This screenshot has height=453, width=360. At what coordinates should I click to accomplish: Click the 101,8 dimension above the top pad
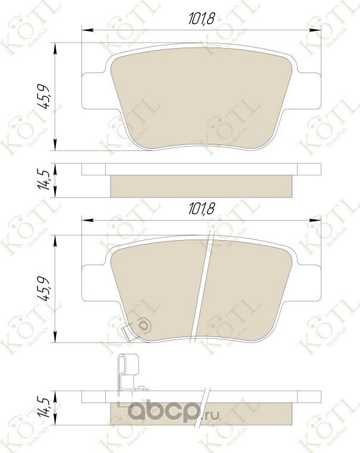click(201, 19)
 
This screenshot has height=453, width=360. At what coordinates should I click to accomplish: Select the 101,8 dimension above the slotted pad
click(201, 209)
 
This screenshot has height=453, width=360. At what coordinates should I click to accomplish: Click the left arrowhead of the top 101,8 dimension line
click(84, 28)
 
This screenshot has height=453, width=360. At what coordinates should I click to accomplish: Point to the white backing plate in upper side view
click(201, 170)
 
